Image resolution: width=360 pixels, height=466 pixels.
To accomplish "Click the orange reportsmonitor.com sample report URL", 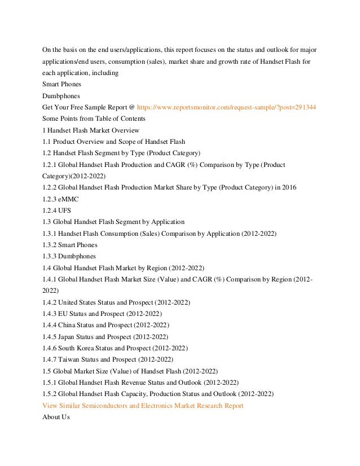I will pos(226,107).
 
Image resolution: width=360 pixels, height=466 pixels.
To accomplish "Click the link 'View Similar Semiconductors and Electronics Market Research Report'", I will pos(143,406).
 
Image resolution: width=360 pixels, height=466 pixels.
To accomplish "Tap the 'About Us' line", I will pos(56,417).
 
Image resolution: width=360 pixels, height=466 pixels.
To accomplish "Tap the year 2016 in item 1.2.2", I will pos(288,187).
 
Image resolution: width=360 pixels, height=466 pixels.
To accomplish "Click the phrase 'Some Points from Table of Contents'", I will pos(94,118).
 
